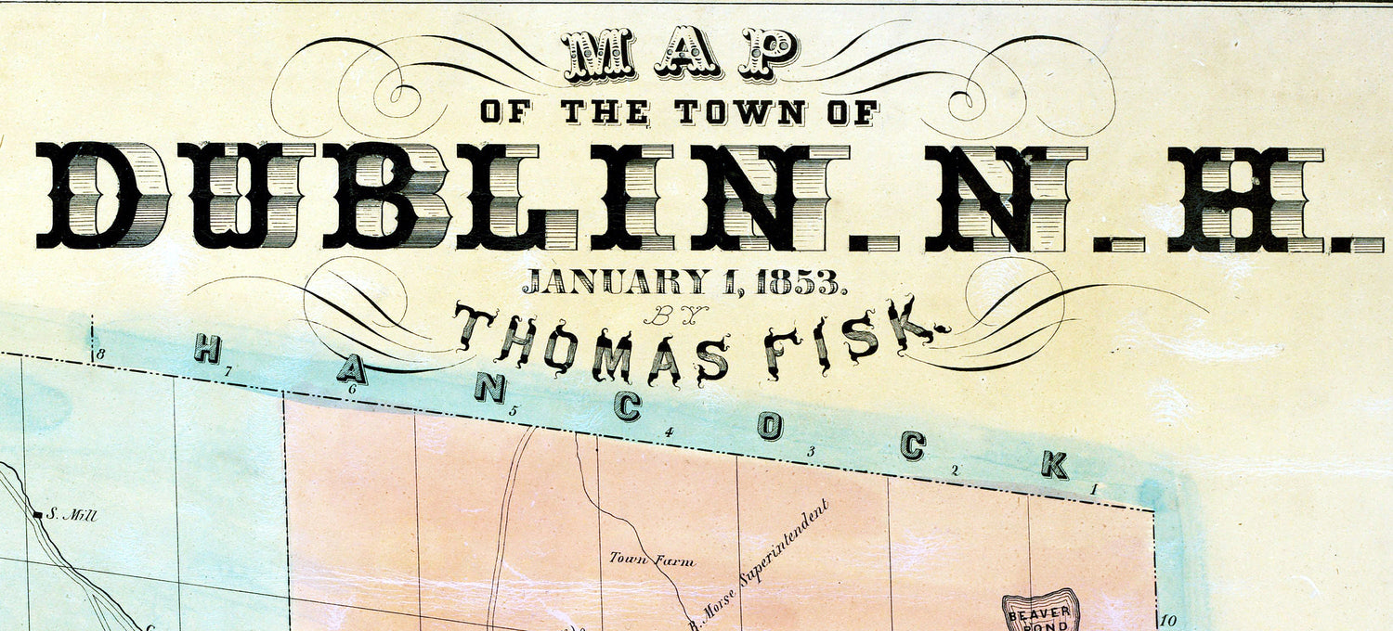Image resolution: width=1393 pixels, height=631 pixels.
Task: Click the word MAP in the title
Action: (x=680, y=54)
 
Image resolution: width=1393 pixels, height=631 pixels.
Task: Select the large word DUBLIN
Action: (x=414, y=197)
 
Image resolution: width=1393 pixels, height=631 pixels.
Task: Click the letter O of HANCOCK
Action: (x=770, y=426)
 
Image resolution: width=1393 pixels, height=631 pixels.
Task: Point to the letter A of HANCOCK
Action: (x=351, y=369)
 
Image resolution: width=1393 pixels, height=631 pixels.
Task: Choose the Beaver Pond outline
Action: (x=1040, y=612)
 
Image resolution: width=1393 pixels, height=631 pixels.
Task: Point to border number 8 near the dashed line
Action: (x=99, y=354)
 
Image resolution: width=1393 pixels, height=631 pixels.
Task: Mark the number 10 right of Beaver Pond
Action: (x=1167, y=621)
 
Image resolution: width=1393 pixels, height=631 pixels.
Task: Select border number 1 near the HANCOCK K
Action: (x=1094, y=489)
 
